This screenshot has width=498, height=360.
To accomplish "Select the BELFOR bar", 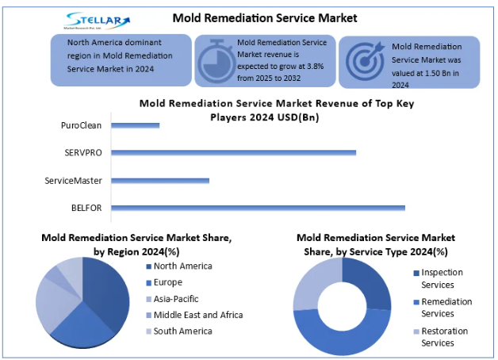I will click(x=258, y=208).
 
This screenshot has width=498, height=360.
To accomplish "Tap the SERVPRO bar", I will click(x=233, y=152).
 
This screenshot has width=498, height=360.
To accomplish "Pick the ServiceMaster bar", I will click(x=160, y=180).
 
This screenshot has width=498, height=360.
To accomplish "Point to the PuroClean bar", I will click(x=136, y=124).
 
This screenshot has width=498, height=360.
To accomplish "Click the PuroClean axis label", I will click(x=81, y=124).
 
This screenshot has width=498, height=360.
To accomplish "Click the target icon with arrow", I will click(x=365, y=59).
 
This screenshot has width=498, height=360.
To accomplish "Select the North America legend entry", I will click(x=182, y=266).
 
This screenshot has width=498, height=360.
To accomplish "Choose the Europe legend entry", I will click(x=167, y=282).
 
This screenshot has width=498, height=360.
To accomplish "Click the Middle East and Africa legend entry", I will click(x=197, y=315).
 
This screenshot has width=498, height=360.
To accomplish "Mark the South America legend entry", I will click(x=182, y=331).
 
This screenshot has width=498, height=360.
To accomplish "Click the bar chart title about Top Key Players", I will click(x=277, y=109).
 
